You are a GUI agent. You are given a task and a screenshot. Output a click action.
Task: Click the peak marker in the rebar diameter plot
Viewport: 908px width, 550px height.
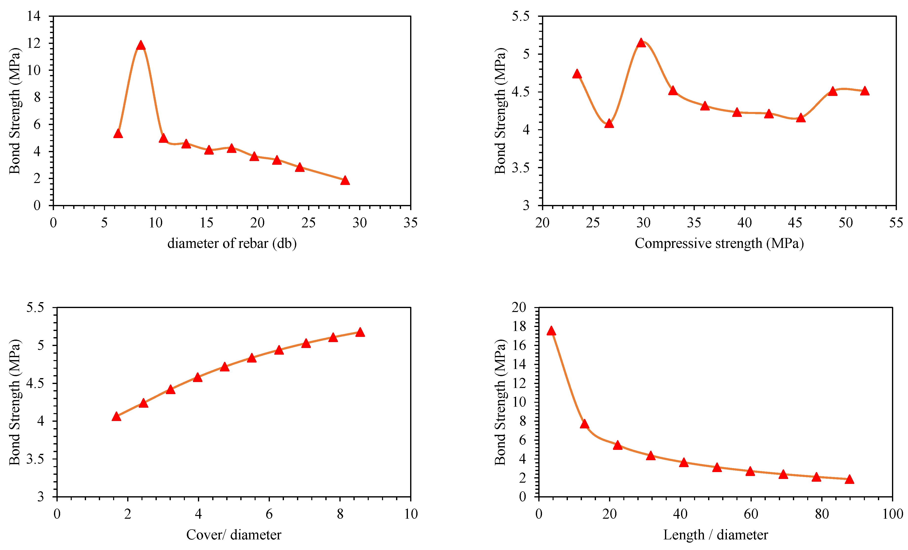(x=140, y=45)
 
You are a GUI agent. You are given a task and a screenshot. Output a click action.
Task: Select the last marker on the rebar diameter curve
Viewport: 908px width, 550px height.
(x=345, y=180)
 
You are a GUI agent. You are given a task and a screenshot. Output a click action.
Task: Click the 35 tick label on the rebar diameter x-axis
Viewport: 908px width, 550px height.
(x=410, y=223)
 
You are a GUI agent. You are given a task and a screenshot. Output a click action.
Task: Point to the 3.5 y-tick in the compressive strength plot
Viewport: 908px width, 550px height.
(x=520, y=168)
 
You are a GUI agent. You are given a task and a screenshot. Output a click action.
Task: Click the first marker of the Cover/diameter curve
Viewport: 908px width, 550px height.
(x=116, y=417)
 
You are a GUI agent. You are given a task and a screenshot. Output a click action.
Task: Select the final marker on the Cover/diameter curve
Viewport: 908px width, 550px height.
(x=360, y=332)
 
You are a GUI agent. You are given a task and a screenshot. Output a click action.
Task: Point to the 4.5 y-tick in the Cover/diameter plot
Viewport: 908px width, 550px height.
(x=35, y=383)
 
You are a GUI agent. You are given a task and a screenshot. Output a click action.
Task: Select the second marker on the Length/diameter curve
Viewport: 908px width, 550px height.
(x=584, y=424)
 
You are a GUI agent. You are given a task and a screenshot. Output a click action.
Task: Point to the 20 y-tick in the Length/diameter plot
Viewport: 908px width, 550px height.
(x=519, y=307)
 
